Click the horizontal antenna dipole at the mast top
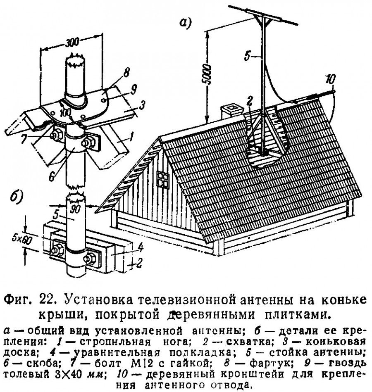(265, 16)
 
